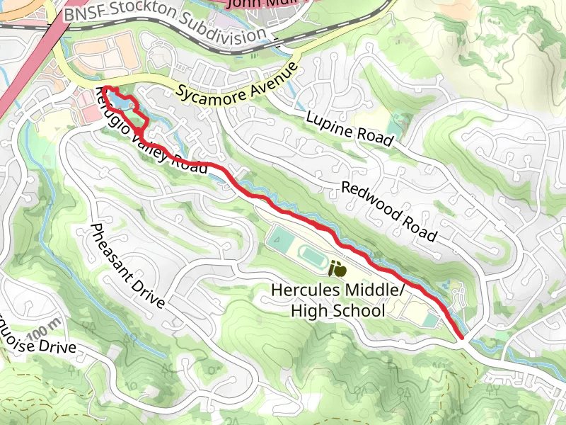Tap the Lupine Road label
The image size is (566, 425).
350,128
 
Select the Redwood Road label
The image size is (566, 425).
388,210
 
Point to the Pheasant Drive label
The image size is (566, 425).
127,266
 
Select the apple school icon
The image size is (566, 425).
338,269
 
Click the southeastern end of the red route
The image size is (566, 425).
463,337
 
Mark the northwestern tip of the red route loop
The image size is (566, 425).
104,89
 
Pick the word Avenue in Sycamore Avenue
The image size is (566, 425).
269,79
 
